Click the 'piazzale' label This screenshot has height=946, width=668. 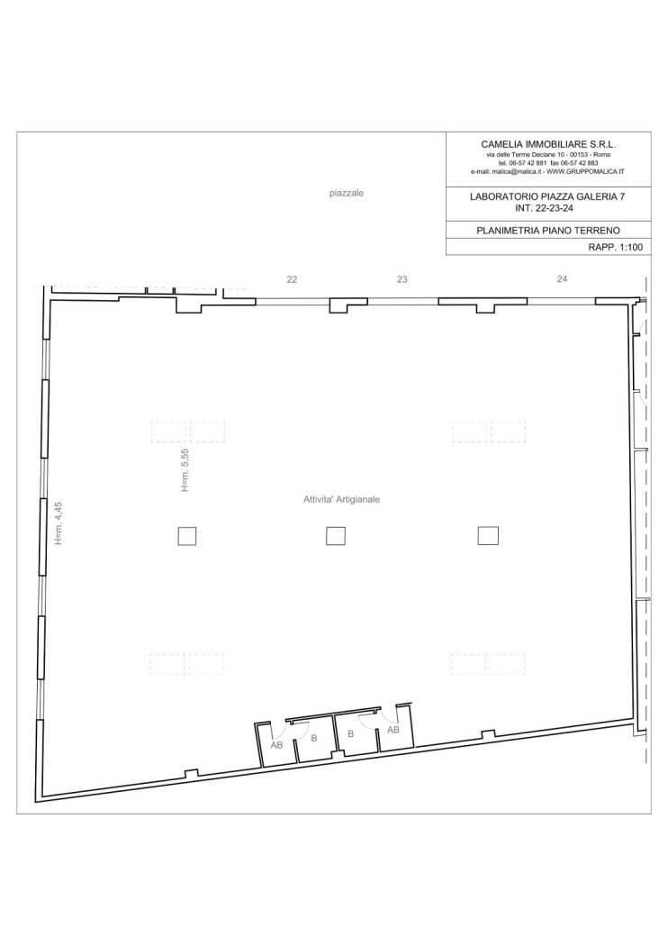click(347, 194)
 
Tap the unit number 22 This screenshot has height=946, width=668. click(292, 280)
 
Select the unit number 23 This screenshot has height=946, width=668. click(402, 279)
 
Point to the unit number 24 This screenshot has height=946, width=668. click(562, 278)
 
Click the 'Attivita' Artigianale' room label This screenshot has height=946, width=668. click(341, 499)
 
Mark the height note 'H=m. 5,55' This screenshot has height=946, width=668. click(185, 469)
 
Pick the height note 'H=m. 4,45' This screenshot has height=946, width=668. click(59, 523)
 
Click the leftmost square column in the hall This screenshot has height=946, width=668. click(187, 536)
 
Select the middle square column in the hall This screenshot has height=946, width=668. click(335, 535)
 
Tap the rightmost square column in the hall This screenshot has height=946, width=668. click(488, 535)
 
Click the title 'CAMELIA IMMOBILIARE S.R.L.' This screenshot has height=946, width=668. click(548, 144)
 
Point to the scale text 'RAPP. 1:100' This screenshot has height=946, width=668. click(616, 247)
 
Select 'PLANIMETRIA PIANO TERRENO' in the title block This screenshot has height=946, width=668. click(548, 230)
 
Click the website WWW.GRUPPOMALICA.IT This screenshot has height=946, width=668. click(585, 171)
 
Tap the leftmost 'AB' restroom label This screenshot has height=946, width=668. click(276, 745)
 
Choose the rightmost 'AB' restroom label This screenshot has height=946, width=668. click(393, 730)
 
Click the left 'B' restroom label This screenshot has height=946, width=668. click(313, 738)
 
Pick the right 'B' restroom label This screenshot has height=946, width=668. click(350, 734)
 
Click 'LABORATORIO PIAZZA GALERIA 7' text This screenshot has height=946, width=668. click(552, 196)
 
